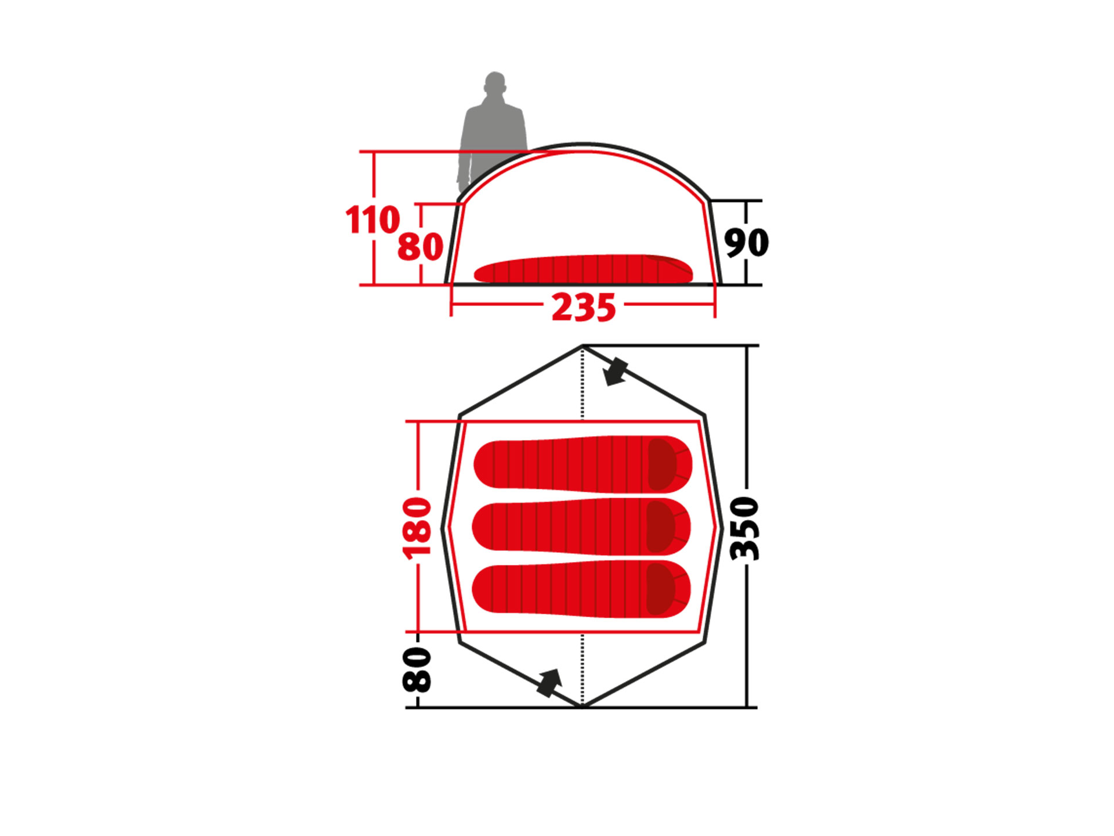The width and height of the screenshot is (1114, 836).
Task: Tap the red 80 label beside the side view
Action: (421, 247)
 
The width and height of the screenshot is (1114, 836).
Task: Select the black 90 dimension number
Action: (746, 242)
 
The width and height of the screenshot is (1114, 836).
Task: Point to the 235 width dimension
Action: (583, 307)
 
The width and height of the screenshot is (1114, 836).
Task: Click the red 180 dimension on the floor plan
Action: (417, 528)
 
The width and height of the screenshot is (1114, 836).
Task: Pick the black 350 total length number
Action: (745, 528)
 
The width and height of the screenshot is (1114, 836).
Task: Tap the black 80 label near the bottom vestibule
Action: (417, 670)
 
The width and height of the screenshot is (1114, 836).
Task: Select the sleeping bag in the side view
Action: (583, 269)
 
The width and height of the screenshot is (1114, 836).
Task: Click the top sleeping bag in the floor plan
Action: (583, 464)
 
